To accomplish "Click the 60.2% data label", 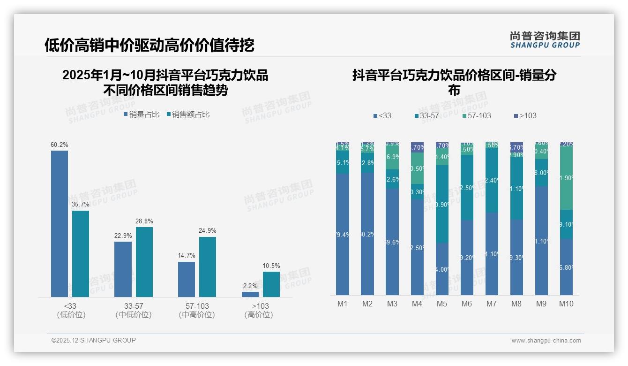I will [60, 145].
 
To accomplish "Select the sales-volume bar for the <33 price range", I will [60, 224].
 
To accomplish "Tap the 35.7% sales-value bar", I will [81, 254].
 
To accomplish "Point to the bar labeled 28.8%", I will [144, 262].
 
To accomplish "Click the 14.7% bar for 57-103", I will [187, 279].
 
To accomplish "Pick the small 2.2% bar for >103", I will [250, 294].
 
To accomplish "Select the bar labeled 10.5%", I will [271, 284].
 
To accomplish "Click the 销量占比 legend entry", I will [142, 114].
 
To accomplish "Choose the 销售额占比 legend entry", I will [188, 114].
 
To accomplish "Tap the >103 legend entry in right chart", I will [525, 115].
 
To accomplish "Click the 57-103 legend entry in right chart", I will [476, 115].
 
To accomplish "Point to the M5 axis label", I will [442, 304].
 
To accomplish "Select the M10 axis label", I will [566, 304].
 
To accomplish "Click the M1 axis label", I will [343, 304].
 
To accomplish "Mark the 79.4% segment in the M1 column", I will [343, 235].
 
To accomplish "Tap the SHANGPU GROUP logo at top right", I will [545, 40].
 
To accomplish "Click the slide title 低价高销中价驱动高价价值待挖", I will [150, 45].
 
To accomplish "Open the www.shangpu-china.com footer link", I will [546, 341].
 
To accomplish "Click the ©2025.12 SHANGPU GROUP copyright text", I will [94, 340].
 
